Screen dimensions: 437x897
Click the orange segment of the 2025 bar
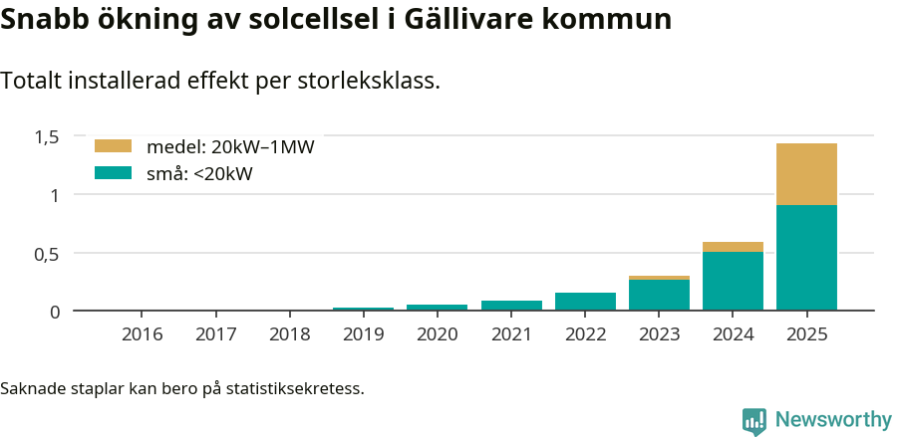[x=806, y=174]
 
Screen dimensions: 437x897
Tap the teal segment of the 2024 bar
[x=733, y=281]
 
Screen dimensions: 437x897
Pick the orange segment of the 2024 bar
[x=733, y=247]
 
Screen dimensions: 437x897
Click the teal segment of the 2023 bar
[x=659, y=295]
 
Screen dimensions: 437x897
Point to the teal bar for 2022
[x=585, y=301]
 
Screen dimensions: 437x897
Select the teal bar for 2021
[x=511, y=305]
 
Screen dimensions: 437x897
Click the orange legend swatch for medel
[x=113, y=146]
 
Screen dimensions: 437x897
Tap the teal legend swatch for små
[x=113, y=173]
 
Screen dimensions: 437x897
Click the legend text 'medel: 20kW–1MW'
[x=230, y=147]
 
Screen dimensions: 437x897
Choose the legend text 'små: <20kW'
[x=199, y=174]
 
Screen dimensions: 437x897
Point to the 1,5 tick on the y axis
[x=48, y=136]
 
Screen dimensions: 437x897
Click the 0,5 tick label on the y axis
[x=48, y=253]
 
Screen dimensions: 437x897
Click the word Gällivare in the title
[x=465, y=19]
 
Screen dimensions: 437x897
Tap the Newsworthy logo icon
[x=754, y=420]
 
